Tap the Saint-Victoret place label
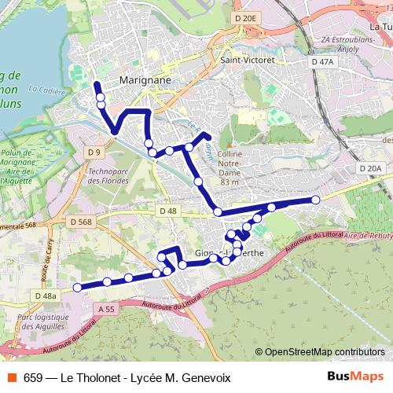click(x=247, y=60)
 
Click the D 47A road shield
click(x=322, y=61)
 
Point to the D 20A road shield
click(x=369, y=168)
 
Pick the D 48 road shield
click(x=167, y=211)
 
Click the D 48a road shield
click(x=46, y=296)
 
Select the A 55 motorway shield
click(x=107, y=310)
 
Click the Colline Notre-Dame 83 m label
click(x=230, y=168)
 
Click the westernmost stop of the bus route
click(x=77, y=288)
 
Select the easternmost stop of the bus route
click(x=316, y=200)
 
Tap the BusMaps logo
click(x=351, y=376)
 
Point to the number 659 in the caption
click(x=35, y=376)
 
